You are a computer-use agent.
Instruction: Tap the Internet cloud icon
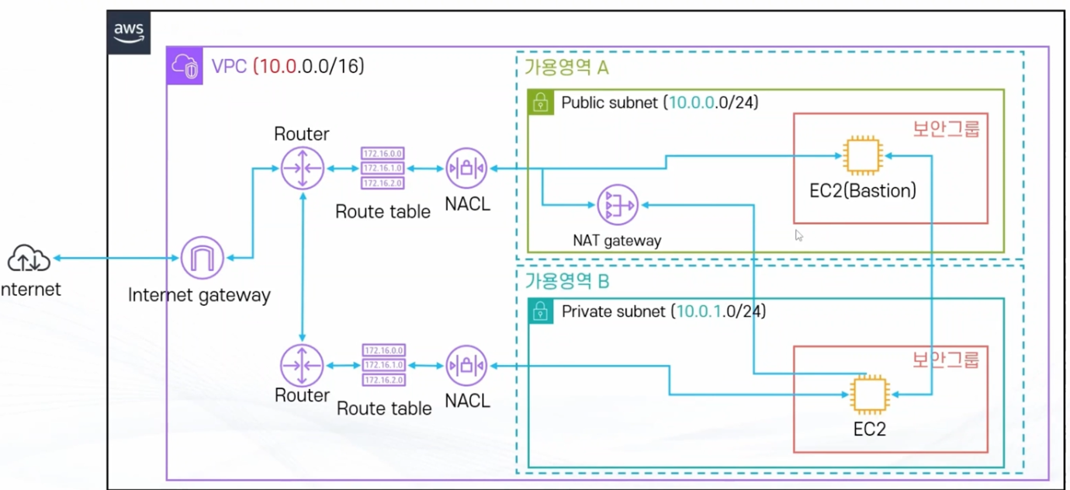(x=29, y=259)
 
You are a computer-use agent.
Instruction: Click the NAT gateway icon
(x=618, y=206)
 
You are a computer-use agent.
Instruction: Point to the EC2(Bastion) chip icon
(x=864, y=156)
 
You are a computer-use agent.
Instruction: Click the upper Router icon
(x=303, y=168)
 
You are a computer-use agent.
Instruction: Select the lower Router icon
(x=303, y=365)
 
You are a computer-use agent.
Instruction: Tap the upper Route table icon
(x=383, y=168)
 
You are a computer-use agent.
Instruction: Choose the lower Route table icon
(x=383, y=365)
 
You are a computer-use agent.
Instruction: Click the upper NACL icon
(x=466, y=168)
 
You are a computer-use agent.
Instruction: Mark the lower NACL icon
(x=466, y=365)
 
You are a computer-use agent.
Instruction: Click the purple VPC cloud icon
(x=185, y=66)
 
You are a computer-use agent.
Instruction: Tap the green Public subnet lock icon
(x=540, y=103)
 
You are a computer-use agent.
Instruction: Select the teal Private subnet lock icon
(x=540, y=311)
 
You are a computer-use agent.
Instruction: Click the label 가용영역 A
(x=567, y=68)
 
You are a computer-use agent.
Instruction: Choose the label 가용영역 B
(x=567, y=279)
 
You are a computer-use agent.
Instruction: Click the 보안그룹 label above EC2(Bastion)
(x=945, y=128)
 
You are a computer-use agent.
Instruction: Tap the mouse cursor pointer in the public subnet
(x=798, y=235)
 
